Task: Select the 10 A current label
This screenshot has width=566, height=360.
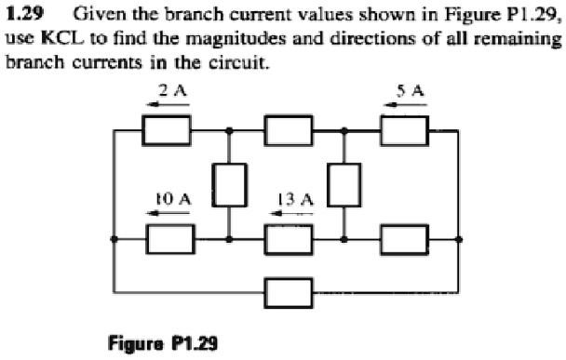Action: point(172,198)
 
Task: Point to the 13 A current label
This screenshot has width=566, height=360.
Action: point(295,198)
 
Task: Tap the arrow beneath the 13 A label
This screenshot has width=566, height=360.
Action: point(295,213)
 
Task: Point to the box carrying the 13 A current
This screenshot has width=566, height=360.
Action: point(287,239)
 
